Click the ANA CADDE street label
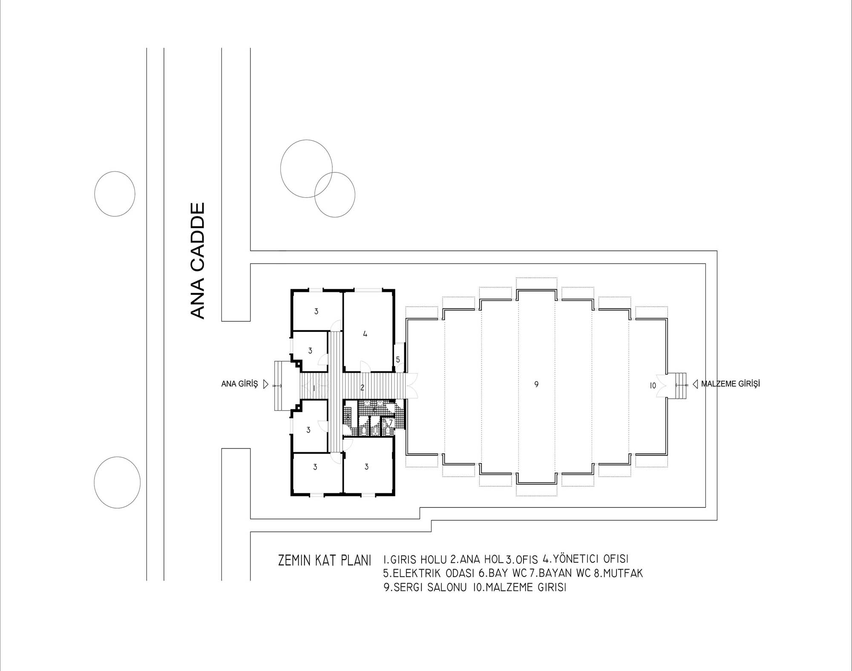tap(197, 261)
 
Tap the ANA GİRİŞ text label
tap(239, 384)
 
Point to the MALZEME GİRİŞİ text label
tap(731, 384)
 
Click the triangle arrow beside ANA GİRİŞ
tap(266, 384)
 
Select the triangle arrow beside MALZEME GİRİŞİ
tap(695, 384)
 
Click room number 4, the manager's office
tap(365, 334)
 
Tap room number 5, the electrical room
tap(398, 360)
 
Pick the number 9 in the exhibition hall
tap(536, 384)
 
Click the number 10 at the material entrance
tap(653, 386)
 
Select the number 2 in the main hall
tap(362, 388)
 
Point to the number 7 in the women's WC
tap(391, 422)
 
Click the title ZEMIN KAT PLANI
tap(325, 560)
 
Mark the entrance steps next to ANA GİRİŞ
tap(281, 386)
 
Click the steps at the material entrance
tap(680, 386)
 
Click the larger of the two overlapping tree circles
tap(306, 168)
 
